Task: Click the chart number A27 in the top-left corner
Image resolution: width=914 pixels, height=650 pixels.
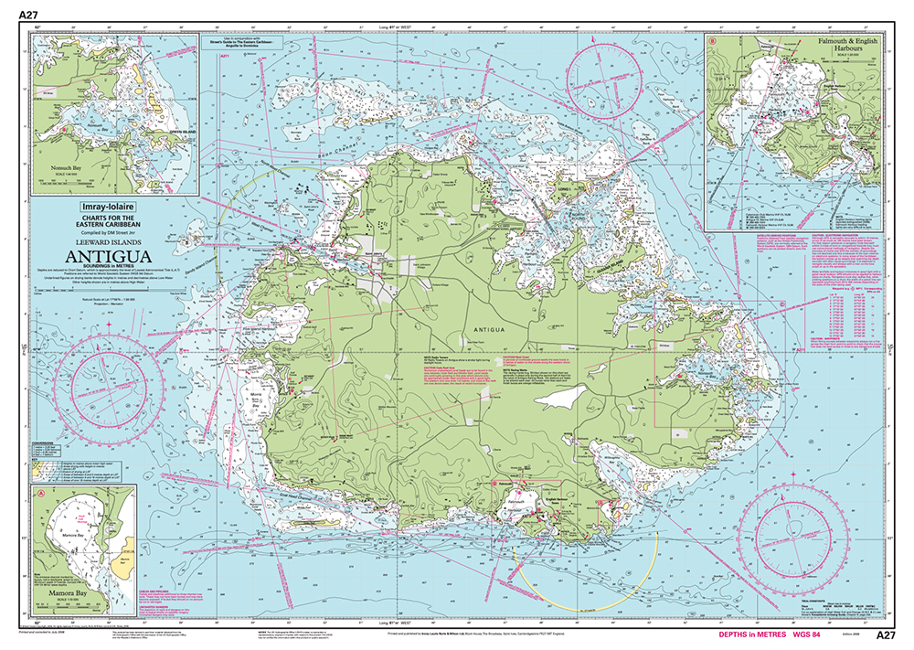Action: [28, 15]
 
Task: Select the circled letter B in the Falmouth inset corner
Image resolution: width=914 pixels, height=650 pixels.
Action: [712, 40]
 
